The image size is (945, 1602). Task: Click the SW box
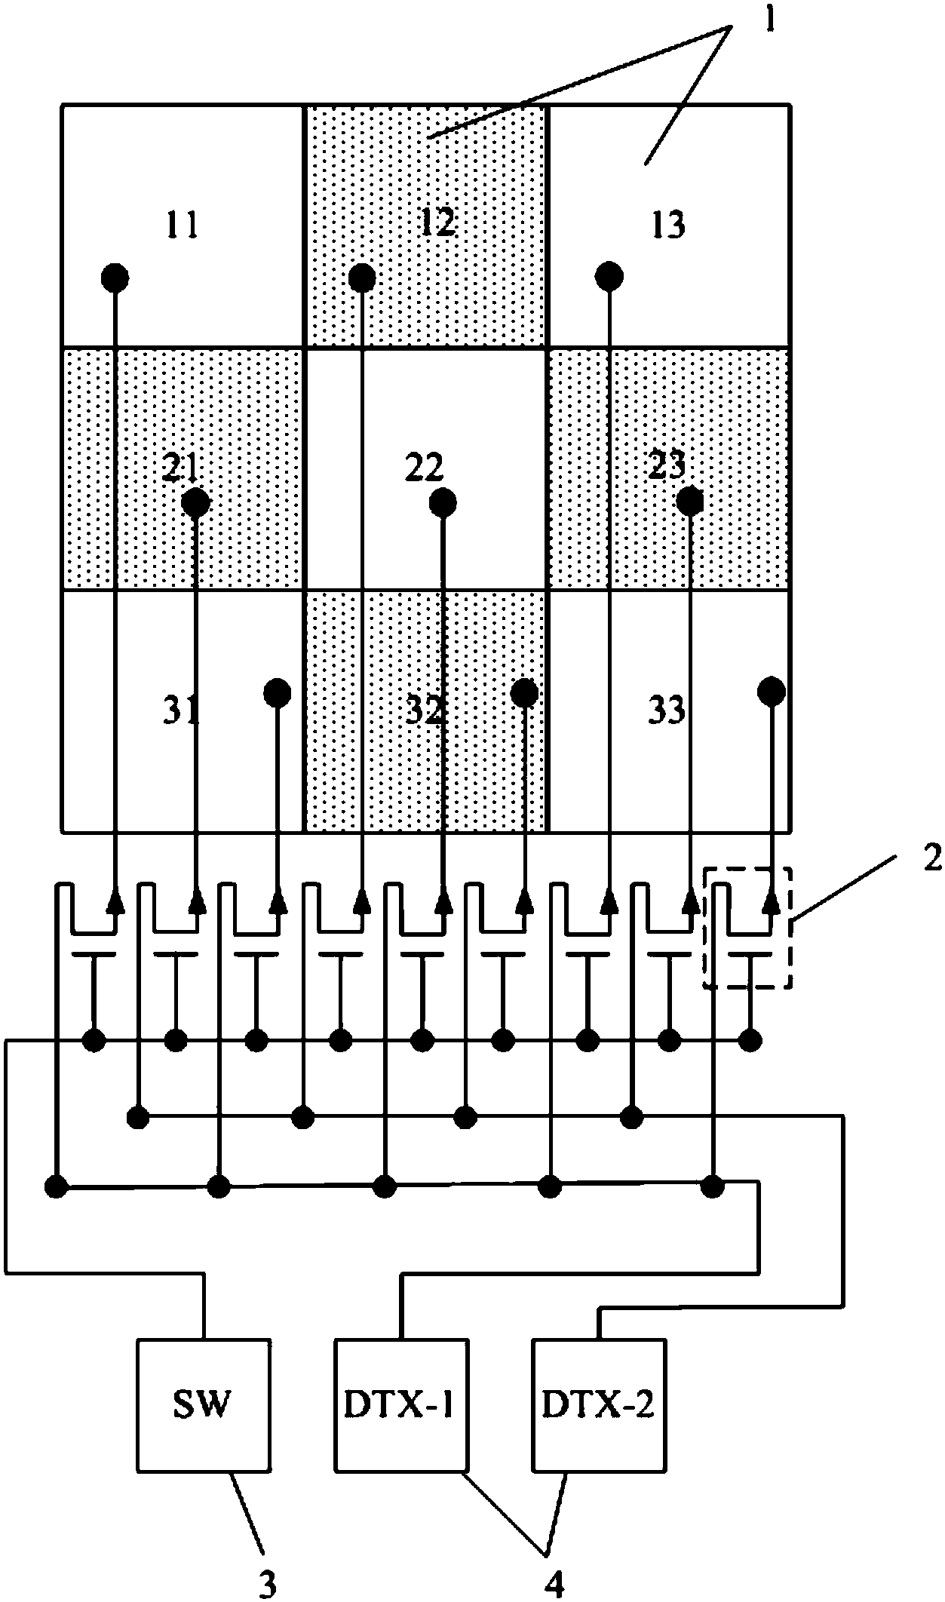point(204,1405)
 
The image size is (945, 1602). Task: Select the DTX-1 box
point(400,1405)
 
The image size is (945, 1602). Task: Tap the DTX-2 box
point(599,1405)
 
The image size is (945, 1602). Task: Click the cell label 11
point(183,225)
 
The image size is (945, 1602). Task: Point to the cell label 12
point(438,223)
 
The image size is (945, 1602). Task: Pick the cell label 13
point(667,225)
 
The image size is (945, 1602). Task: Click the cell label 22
point(424,469)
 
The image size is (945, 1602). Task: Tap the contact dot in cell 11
point(115,278)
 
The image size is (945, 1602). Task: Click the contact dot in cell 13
point(609,276)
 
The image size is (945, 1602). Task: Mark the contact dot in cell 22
point(441,501)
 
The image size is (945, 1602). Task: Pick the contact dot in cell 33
point(771,691)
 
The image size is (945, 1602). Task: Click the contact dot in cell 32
point(523,692)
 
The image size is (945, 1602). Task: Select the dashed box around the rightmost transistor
point(747,927)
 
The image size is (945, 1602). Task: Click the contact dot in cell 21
point(196,502)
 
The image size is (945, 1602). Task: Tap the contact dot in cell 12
point(362,278)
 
